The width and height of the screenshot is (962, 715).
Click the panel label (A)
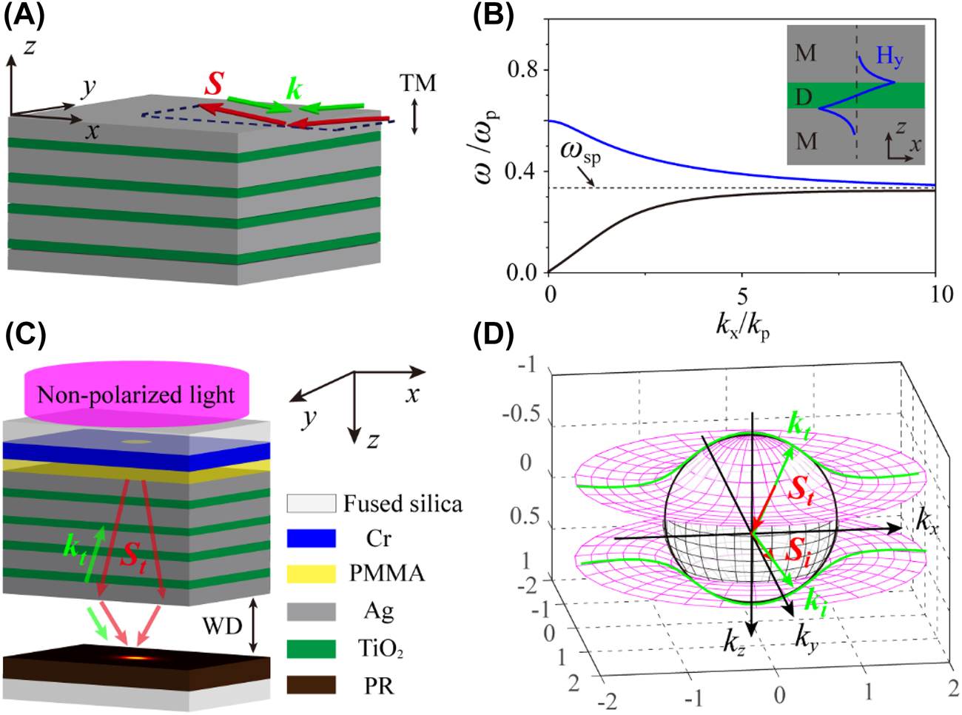click(x=24, y=16)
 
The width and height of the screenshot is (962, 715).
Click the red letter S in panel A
click(x=214, y=84)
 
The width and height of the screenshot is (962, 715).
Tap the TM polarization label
click(x=418, y=83)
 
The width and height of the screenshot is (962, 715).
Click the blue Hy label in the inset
click(x=889, y=56)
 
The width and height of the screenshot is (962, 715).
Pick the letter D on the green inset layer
click(x=804, y=96)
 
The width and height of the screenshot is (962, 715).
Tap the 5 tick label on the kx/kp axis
click(x=742, y=295)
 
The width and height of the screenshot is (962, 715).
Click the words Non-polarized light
click(x=136, y=395)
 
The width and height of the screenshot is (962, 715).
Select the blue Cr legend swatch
click(x=311, y=538)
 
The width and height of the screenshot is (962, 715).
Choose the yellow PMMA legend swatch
click(x=311, y=574)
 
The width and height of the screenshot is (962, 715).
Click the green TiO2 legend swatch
click(x=311, y=648)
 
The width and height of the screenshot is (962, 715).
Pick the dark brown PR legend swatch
click(x=311, y=685)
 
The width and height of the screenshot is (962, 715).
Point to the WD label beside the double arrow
click(x=222, y=626)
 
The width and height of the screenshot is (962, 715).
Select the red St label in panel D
click(x=801, y=489)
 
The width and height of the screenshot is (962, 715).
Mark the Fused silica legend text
click(x=403, y=504)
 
